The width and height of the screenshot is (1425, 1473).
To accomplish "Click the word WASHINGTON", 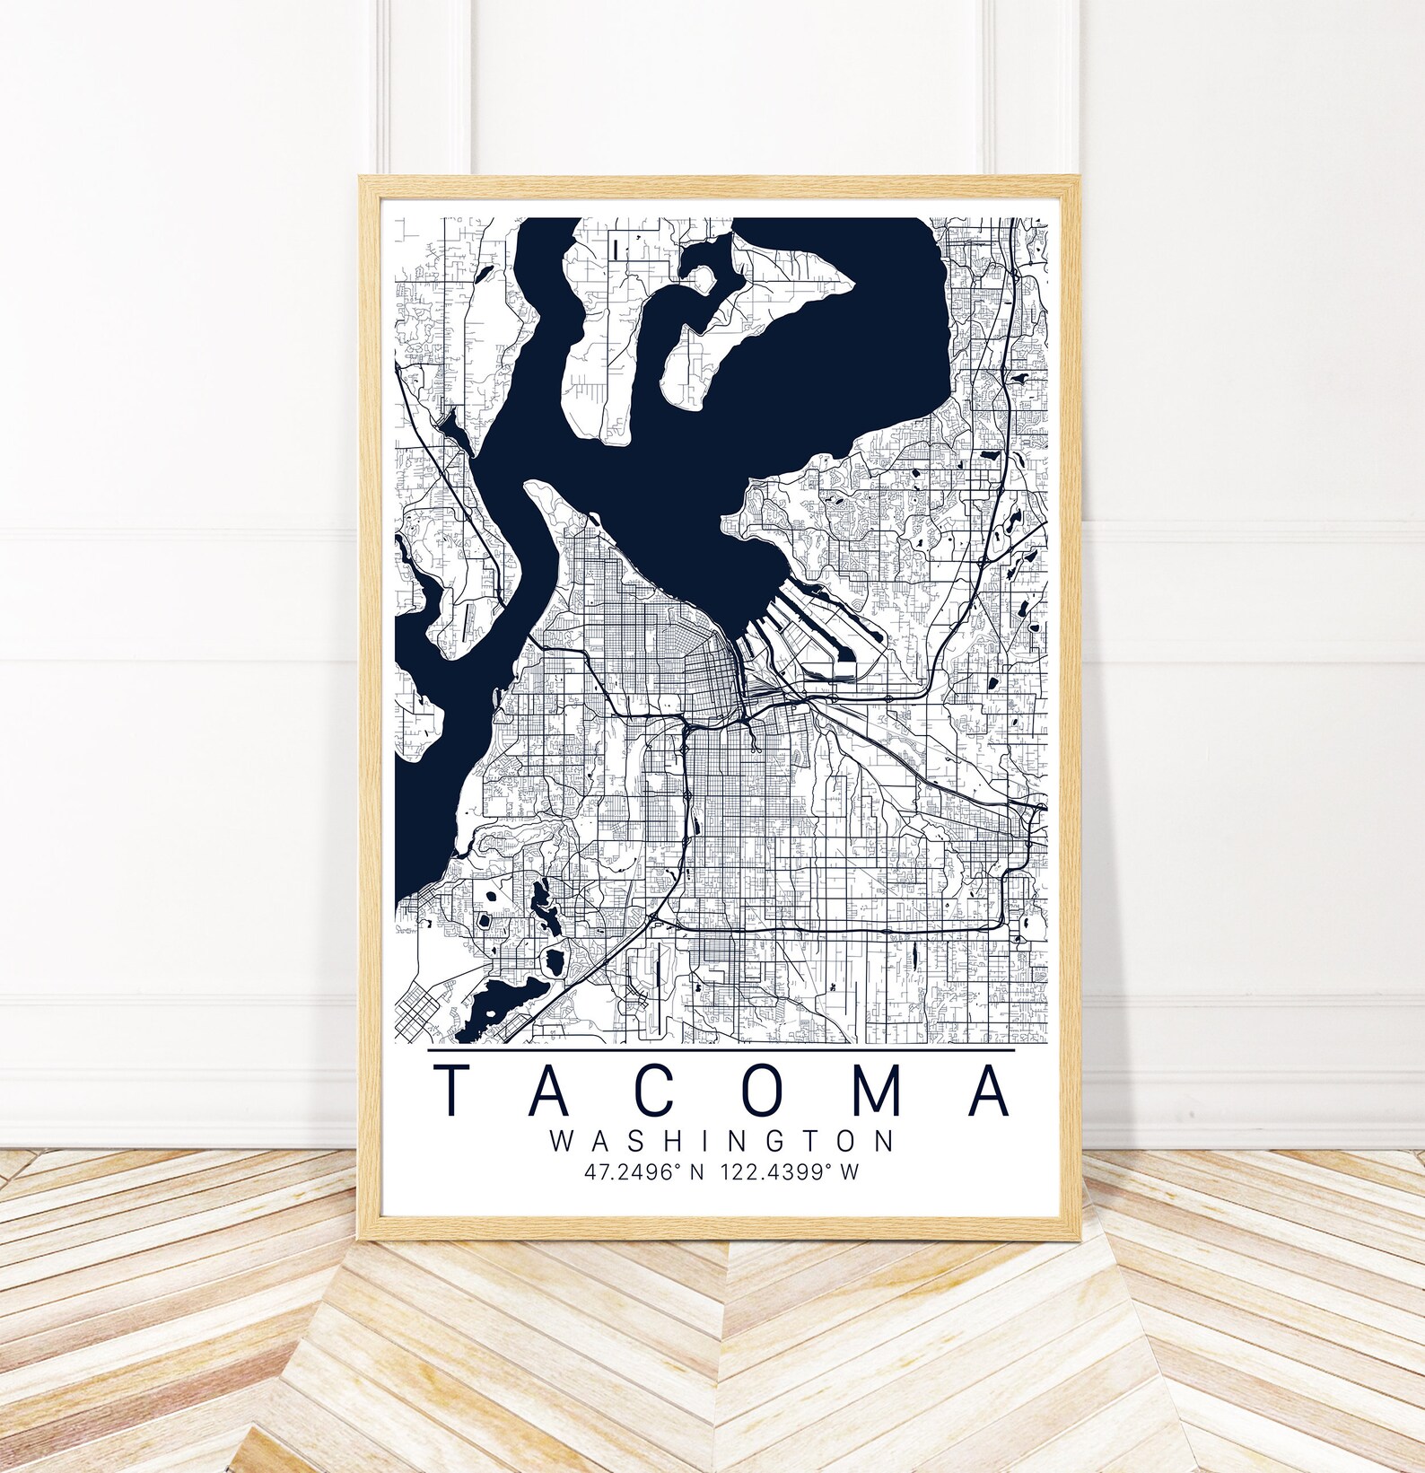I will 721,1141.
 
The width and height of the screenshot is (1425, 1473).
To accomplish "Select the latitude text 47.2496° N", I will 641,1172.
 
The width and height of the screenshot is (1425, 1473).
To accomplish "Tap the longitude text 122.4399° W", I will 796,1172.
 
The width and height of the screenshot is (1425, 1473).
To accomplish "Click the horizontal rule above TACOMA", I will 721,1048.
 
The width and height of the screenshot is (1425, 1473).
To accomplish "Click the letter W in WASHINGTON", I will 561,1141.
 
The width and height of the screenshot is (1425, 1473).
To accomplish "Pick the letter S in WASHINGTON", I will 632,1141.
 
